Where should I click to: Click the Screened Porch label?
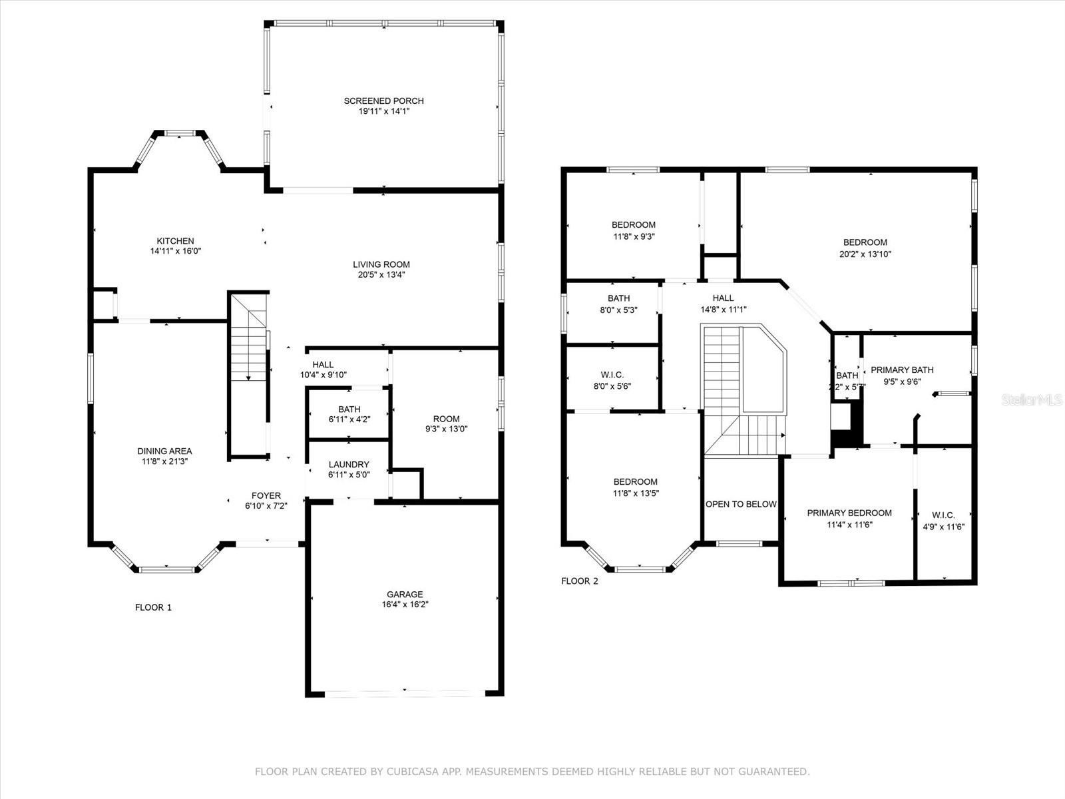tap(384, 101)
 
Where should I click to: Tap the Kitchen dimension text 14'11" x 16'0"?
tap(176, 251)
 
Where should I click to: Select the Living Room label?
tap(381, 264)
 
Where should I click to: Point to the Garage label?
tap(405, 595)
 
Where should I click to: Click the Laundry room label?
tap(349, 464)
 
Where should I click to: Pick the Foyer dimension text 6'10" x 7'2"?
tap(266, 505)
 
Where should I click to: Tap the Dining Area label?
tap(164, 451)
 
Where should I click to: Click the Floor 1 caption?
tap(153, 607)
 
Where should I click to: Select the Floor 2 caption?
tap(580, 581)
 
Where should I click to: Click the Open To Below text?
tap(741, 504)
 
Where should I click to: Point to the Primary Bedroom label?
tap(849, 513)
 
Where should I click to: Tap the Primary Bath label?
tap(902, 370)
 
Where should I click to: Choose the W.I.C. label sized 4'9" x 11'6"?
tap(943, 515)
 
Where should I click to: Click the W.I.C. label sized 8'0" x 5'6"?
tap(612, 375)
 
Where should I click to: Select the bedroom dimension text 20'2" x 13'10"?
tap(865, 254)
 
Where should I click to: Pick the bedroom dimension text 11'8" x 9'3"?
tap(634, 236)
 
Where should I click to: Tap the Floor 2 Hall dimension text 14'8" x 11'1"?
tap(724, 310)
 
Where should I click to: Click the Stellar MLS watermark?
tap(1032, 400)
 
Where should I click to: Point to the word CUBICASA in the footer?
tap(409, 771)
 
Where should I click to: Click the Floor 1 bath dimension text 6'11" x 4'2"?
tap(349, 419)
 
